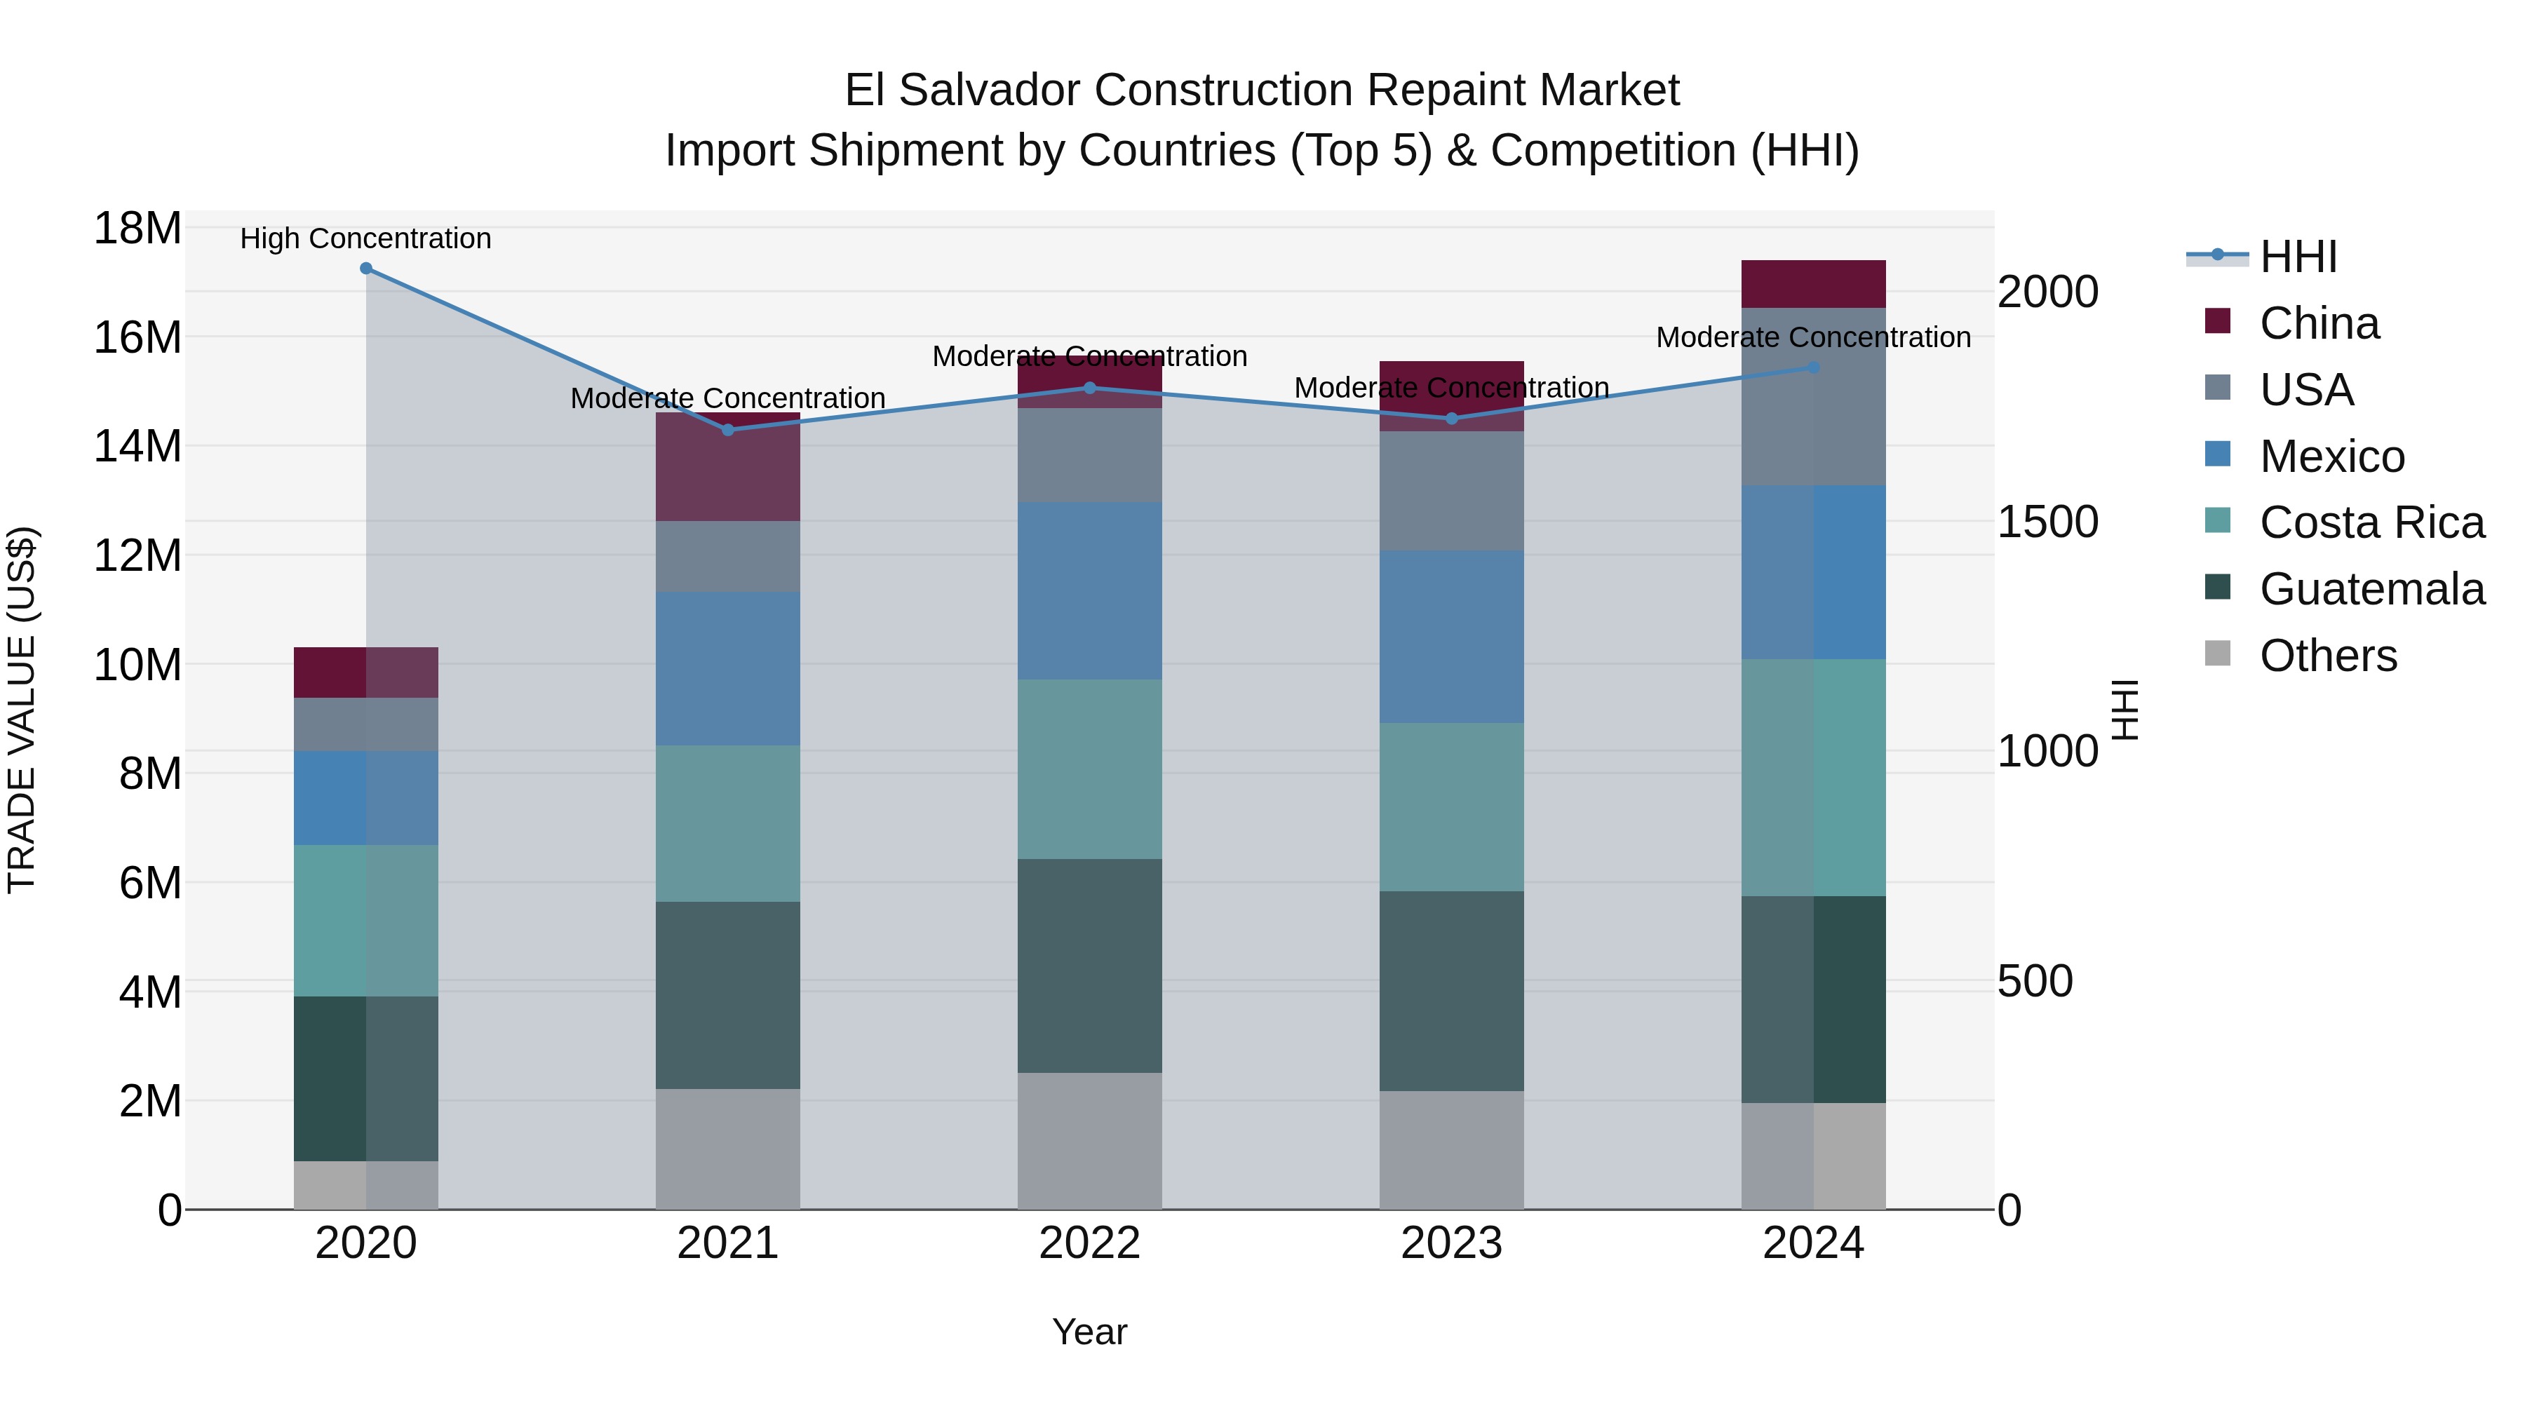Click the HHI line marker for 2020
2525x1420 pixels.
pyautogui.click(x=365, y=269)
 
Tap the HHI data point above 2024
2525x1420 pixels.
pyautogui.click(x=1813, y=367)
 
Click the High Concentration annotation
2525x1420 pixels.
pyautogui.click(x=365, y=239)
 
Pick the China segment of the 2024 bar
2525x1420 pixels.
pyautogui.click(x=1813, y=284)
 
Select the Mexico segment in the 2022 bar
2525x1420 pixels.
pyautogui.click(x=1089, y=591)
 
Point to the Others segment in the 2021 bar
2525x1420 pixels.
pyautogui.click(x=727, y=1149)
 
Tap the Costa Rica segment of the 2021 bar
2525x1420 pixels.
pyautogui.click(x=727, y=823)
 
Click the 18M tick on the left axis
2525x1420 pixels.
pyautogui.click(x=137, y=229)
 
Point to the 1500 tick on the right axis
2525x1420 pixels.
pyautogui.click(x=2047, y=522)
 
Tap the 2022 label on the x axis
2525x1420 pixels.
pyautogui.click(x=1089, y=1243)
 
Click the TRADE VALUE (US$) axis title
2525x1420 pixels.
pyautogui.click(x=22, y=710)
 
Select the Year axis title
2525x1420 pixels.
pyautogui.click(x=1089, y=1332)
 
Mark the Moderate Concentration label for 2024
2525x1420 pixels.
pyautogui.click(x=1813, y=337)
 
